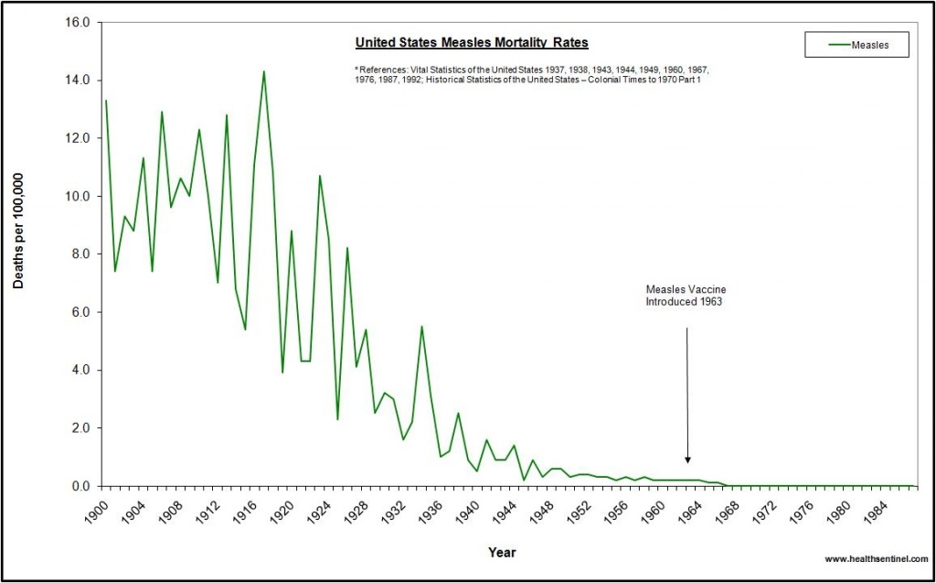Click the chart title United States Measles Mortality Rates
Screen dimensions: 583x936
click(471, 42)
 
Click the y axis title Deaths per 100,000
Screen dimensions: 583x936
click(18, 232)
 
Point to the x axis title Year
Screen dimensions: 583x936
click(501, 553)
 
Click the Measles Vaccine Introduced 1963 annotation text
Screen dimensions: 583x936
click(686, 295)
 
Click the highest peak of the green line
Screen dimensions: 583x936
click(264, 71)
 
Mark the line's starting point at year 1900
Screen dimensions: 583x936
click(106, 101)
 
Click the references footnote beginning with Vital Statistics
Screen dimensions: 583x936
click(533, 74)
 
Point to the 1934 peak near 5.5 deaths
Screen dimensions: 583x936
click(421, 327)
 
